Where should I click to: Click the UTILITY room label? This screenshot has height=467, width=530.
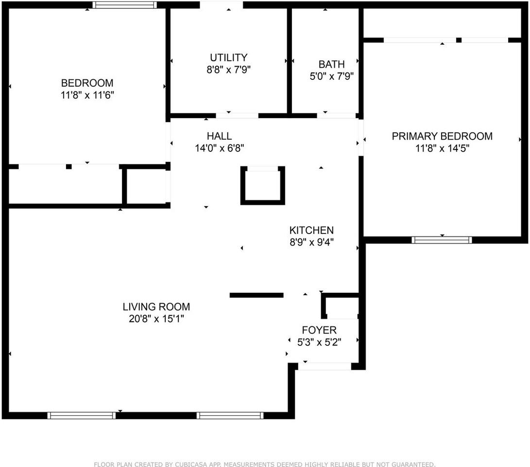tap(228, 57)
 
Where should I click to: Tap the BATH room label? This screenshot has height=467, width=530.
tap(332, 64)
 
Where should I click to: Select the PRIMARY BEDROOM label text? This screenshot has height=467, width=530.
tap(442, 136)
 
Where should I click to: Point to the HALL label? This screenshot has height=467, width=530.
tap(219, 136)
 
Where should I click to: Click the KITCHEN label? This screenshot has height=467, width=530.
tap(311, 230)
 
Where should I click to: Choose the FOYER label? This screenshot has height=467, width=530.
tap(319, 330)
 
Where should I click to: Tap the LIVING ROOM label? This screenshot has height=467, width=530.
tap(156, 307)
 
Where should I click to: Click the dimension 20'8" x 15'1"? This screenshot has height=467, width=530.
tap(156, 319)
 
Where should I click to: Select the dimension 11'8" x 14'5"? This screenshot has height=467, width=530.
tap(442, 148)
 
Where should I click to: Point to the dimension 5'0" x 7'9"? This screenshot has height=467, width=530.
tap(332, 76)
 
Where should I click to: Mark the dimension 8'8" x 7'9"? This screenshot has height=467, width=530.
tap(228, 70)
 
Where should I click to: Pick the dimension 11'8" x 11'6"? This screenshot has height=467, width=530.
tap(87, 95)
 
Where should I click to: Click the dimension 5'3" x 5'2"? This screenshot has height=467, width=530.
tap(319, 342)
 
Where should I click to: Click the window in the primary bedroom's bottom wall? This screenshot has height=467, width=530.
tap(442, 240)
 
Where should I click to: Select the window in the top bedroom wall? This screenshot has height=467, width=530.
tap(124, 5)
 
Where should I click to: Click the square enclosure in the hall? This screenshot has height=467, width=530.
tap(263, 185)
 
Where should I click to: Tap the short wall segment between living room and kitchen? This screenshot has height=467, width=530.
tap(256, 295)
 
